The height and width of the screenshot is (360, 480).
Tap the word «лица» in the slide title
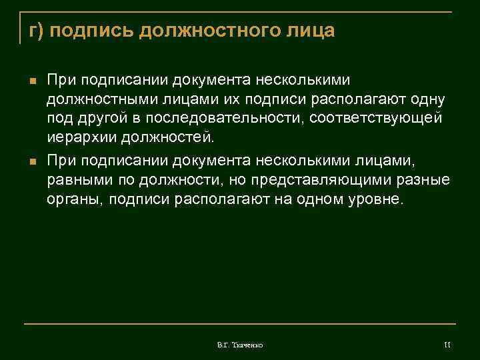click(x=311, y=31)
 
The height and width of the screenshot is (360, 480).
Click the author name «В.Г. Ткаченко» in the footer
click(x=240, y=345)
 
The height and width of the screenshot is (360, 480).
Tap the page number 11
click(x=447, y=344)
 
